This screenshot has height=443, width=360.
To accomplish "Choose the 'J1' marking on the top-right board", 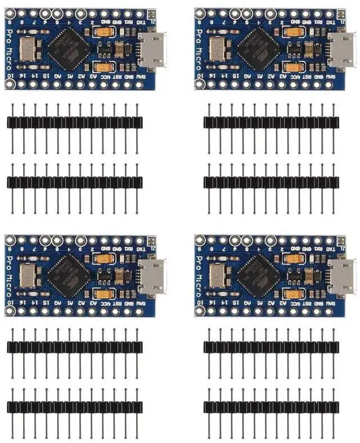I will [x=343, y=20].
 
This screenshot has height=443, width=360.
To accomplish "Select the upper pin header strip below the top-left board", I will [x=73, y=122].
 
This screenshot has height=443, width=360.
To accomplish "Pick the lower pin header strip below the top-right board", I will [x=271, y=182].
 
